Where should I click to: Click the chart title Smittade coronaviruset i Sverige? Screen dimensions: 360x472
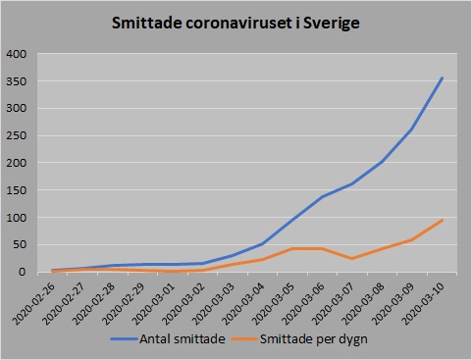point(236,21)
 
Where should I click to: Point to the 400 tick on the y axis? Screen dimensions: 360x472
point(19,54)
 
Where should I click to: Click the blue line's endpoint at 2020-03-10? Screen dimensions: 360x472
point(442,77)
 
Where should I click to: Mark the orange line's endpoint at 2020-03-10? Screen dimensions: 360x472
point(442,220)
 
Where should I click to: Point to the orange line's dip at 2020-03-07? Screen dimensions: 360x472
point(352,259)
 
